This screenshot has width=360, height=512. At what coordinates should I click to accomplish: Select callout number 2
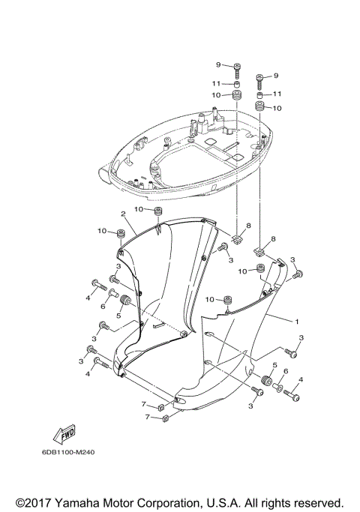(122, 213)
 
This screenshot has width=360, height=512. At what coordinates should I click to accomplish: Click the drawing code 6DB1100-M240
(63, 452)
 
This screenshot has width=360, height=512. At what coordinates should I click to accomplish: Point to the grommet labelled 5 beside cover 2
(126, 302)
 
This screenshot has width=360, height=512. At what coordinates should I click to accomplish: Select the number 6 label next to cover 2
(103, 307)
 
